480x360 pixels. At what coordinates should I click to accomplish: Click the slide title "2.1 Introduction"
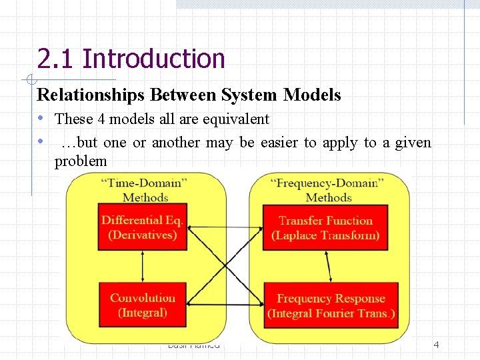point(131,59)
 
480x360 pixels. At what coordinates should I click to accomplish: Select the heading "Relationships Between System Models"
point(189,95)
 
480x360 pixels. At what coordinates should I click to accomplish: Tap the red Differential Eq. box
point(143,227)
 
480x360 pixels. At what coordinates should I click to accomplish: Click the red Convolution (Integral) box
point(143,305)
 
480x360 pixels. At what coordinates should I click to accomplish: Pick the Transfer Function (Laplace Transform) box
point(325,227)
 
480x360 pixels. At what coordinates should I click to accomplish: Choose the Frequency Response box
point(331,305)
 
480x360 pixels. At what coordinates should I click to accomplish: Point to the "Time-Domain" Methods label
point(145,189)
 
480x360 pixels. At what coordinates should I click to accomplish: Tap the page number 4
point(436,345)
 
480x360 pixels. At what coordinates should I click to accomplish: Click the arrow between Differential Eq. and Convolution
point(143,267)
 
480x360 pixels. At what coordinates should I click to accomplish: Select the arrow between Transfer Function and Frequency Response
point(328,267)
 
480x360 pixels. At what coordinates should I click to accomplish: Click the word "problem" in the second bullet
point(80,161)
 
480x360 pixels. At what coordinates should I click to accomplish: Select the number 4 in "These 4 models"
point(101,119)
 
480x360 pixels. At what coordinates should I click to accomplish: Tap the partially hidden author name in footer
point(193,345)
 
